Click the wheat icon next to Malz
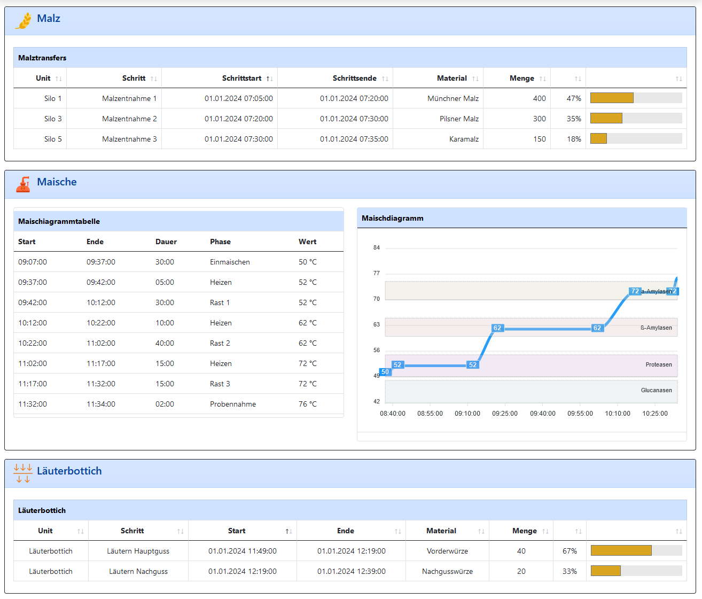[x=24, y=20]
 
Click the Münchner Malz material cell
[x=453, y=98]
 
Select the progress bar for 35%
[x=636, y=118]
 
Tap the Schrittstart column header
[x=241, y=78]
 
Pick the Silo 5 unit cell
[x=53, y=139]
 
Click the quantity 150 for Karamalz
[x=539, y=139]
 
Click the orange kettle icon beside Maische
[x=23, y=184]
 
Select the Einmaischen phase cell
[x=230, y=262]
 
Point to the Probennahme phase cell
[x=232, y=404]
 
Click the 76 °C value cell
[x=307, y=404]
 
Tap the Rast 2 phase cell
[x=220, y=343]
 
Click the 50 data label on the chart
[x=385, y=372]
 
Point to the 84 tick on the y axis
[x=376, y=247]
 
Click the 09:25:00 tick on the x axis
[x=505, y=414]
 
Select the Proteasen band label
[x=659, y=364]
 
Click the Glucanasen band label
[x=656, y=390]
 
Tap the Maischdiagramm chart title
[x=392, y=218]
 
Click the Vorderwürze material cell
[x=447, y=551]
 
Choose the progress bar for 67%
[x=636, y=550]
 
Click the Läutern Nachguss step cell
[x=138, y=571]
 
